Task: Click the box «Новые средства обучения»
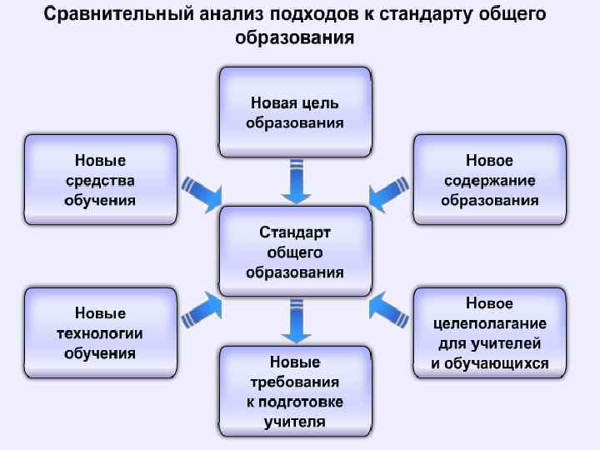click(100, 179)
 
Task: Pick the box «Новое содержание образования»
click(489, 179)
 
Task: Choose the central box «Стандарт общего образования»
click(294, 251)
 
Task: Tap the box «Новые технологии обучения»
click(100, 332)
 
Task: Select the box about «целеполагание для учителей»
click(489, 332)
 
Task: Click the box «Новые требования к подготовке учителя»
click(294, 392)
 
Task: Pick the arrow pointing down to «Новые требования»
click(295, 321)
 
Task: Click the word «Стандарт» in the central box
click(294, 231)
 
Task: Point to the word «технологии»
click(100, 333)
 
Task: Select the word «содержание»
click(489, 180)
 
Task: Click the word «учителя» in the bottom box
click(294, 422)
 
